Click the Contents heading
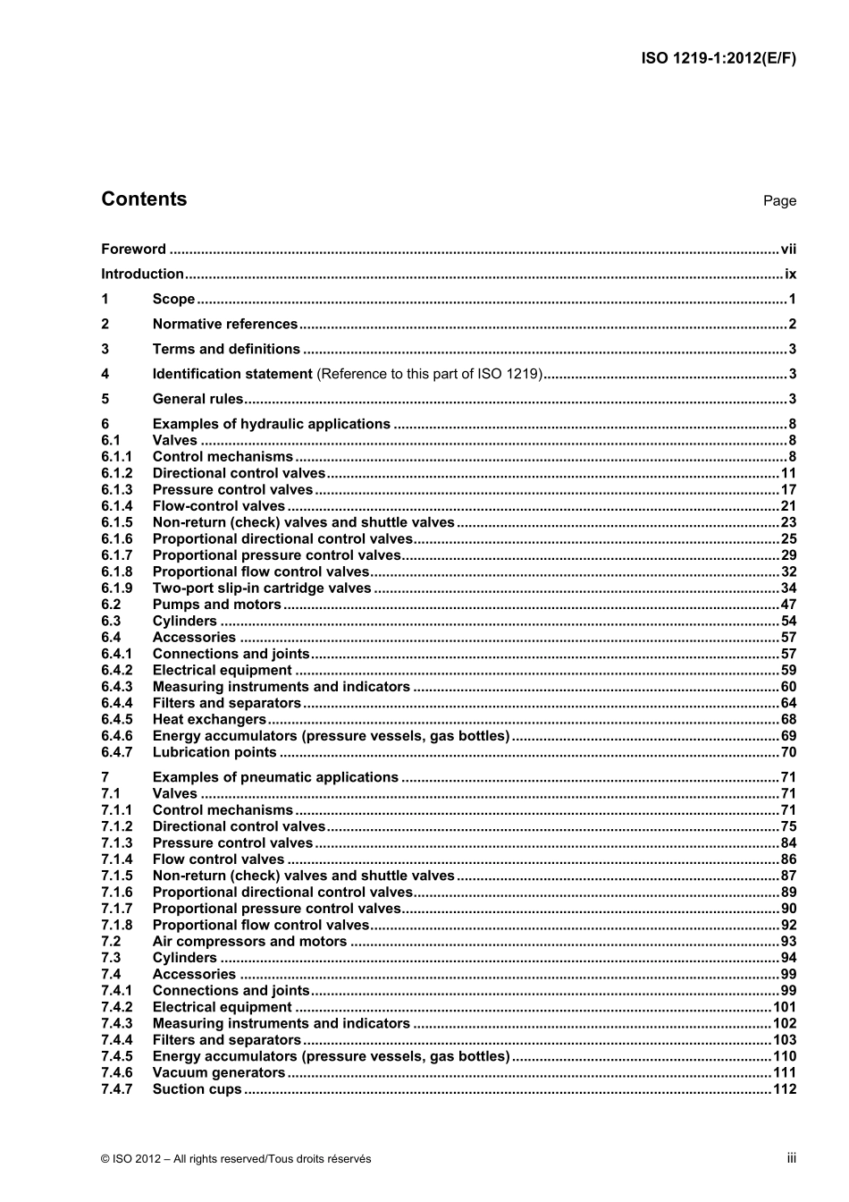click(144, 199)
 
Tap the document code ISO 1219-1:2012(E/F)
click(719, 59)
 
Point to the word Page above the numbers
click(779, 201)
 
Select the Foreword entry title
click(133, 250)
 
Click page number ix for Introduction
click(790, 275)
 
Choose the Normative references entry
click(224, 325)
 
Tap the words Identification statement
click(232, 375)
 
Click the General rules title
click(198, 400)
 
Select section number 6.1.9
click(116, 588)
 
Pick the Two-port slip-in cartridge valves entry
click(261, 588)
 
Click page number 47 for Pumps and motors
click(788, 605)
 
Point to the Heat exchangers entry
click(209, 720)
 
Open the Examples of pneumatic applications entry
click(275, 778)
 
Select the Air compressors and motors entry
click(249, 942)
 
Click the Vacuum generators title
click(219, 1073)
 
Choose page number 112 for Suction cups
click(785, 1089)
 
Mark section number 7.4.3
click(116, 1024)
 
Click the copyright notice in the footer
click(236, 1159)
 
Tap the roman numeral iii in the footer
click(791, 1158)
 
